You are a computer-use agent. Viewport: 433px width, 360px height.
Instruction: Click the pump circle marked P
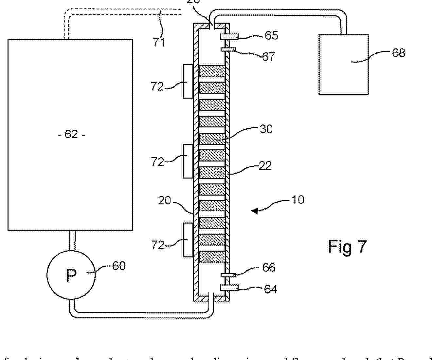coord(71,275)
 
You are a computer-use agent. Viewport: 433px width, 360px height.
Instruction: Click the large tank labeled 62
coord(70,135)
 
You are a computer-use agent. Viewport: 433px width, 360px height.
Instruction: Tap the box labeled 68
coord(344,65)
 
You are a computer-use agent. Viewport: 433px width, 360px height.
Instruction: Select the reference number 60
coord(119,266)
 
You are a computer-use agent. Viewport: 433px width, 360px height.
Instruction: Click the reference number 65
coord(271,35)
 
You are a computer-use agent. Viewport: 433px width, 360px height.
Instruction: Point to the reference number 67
coord(269,57)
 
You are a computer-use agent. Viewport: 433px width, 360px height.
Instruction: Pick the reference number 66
coord(269,268)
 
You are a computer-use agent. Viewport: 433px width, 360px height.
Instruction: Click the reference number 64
coord(271,289)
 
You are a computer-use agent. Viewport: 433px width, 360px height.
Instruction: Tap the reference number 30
coord(266,129)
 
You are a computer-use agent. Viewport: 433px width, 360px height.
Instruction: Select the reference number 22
coord(265,166)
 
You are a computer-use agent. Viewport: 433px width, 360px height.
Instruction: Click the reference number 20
coord(164,200)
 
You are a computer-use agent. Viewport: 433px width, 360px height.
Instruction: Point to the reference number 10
coord(298,199)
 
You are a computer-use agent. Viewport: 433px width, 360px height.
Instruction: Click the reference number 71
coord(159,42)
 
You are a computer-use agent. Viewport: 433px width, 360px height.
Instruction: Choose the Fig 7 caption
coord(348,246)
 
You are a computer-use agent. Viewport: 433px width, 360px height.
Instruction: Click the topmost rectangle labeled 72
coord(188,81)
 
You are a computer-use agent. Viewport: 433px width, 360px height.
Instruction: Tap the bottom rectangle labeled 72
coord(188,240)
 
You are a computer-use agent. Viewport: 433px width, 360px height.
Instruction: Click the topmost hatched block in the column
coord(212,71)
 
